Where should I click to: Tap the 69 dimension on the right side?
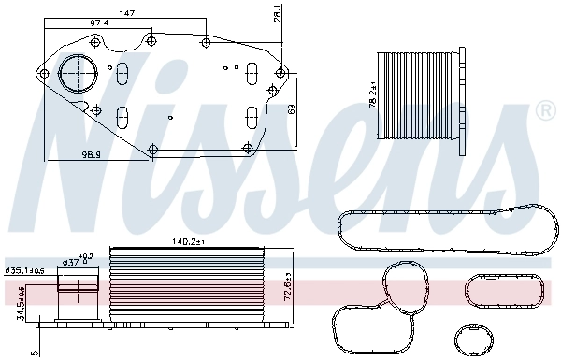(x=293, y=109)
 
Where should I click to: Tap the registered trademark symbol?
(x=545, y=112)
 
